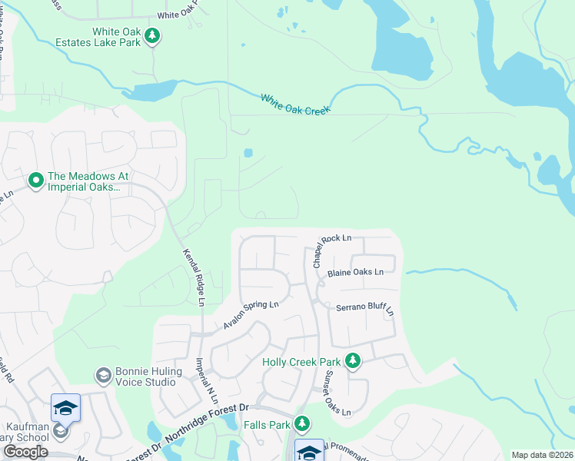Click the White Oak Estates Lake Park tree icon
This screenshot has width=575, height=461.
[153, 35]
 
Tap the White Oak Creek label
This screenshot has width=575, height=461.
[295, 104]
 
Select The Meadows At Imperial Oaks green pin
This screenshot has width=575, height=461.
[35, 181]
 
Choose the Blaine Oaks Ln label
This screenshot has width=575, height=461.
[354, 272]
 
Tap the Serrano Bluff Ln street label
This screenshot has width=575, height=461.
[365, 308]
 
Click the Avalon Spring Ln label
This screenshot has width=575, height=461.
[251, 314]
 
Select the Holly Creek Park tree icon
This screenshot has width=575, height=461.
[353, 360]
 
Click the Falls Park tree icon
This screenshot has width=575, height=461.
[303, 423]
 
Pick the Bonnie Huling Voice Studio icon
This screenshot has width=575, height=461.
[102, 376]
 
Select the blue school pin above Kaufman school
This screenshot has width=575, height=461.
[65, 408]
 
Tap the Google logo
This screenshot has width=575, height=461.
[25, 452]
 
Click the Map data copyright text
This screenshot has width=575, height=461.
[542, 455]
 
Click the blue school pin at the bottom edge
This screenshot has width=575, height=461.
[309, 451]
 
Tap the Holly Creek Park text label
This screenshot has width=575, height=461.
[302, 361]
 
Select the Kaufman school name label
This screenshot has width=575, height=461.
[25, 430]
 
